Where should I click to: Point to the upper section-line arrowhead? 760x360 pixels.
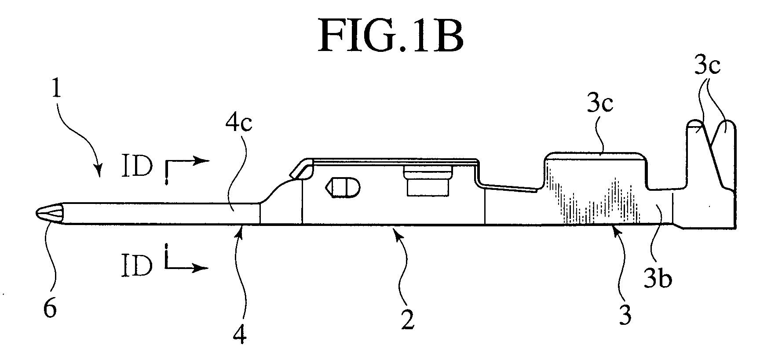pos(200,161)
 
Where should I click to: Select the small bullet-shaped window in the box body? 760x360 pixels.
pos(342,188)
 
